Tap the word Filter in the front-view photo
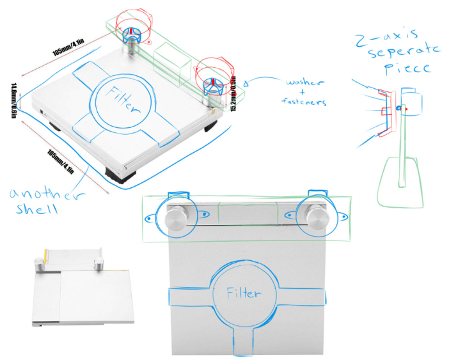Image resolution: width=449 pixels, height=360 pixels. click(x=244, y=293)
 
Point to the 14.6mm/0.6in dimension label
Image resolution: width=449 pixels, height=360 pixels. click(x=16, y=98)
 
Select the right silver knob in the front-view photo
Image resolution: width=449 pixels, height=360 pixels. click(x=317, y=217)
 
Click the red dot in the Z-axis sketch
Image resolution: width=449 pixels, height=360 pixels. click(x=404, y=109)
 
